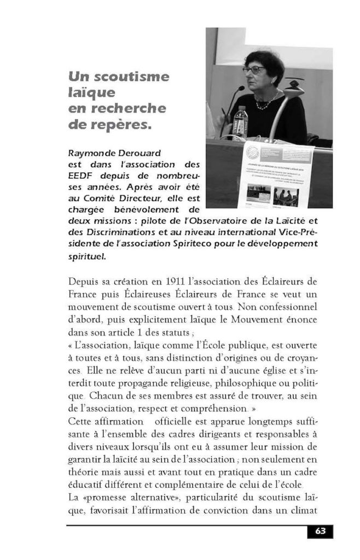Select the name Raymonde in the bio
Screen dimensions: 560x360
[x=90, y=154]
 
